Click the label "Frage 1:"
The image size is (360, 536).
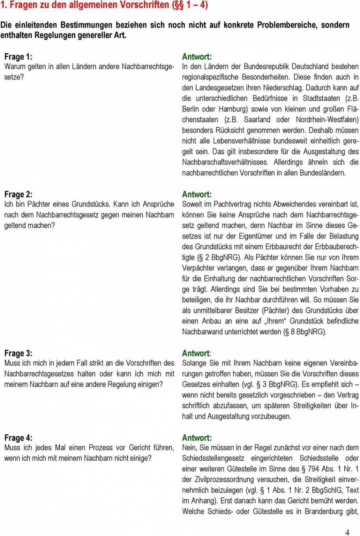point(18,57)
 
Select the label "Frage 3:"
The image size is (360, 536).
point(18,353)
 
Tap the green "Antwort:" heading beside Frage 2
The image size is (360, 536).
point(197,194)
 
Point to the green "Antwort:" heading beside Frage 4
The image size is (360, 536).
point(197,438)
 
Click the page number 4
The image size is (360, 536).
point(347,532)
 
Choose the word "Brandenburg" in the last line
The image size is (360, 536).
point(315,512)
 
